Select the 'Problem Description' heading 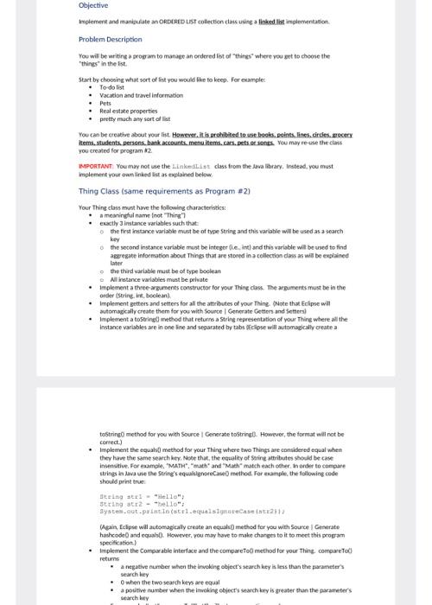pos(111,39)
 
